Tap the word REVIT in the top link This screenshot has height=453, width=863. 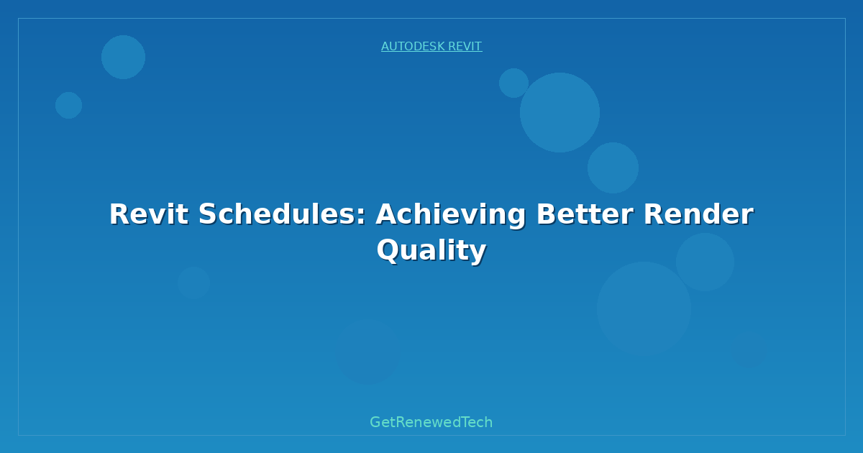465,47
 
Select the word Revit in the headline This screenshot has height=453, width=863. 149,214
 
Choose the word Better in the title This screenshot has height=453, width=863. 585,214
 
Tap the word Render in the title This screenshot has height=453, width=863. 698,214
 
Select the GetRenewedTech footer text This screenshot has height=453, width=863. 431,423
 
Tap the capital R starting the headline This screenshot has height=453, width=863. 119,214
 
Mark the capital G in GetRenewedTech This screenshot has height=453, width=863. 375,422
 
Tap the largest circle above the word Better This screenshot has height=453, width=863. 560,112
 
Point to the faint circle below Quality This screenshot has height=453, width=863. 369,352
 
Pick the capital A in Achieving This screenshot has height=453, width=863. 387,214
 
